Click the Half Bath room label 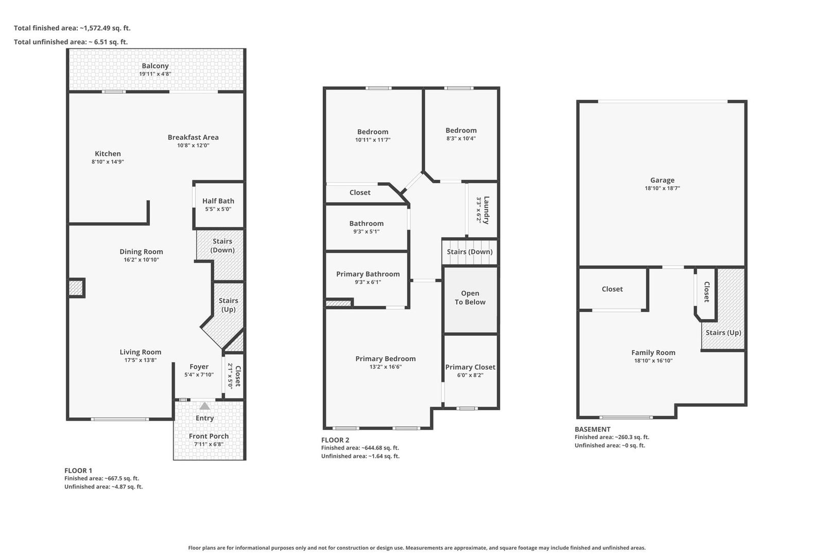[218, 201]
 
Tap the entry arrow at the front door [204, 406]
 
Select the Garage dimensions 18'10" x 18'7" [663, 188]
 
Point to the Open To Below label [470, 298]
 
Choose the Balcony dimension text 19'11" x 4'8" [155, 74]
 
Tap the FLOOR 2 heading [335, 440]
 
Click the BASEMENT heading [593, 429]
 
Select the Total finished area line [72, 28]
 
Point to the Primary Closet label [470, 367]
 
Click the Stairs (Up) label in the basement [723, 333]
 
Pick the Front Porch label [208, 436]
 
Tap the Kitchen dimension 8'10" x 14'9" [108, 162]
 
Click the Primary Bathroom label [368, 274]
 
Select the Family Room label [653, 353]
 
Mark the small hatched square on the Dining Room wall [76, 288]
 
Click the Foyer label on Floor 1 [199, 367]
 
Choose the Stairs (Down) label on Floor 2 [470, 252]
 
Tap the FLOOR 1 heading [78, 471]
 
